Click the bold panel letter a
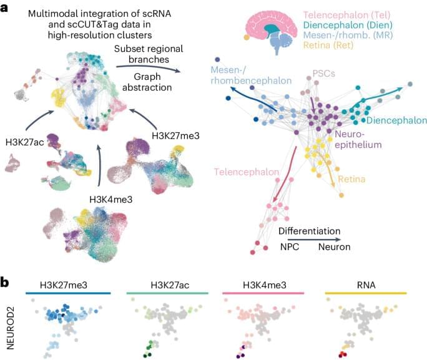6,7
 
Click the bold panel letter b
6,281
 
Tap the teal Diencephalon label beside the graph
396,120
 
